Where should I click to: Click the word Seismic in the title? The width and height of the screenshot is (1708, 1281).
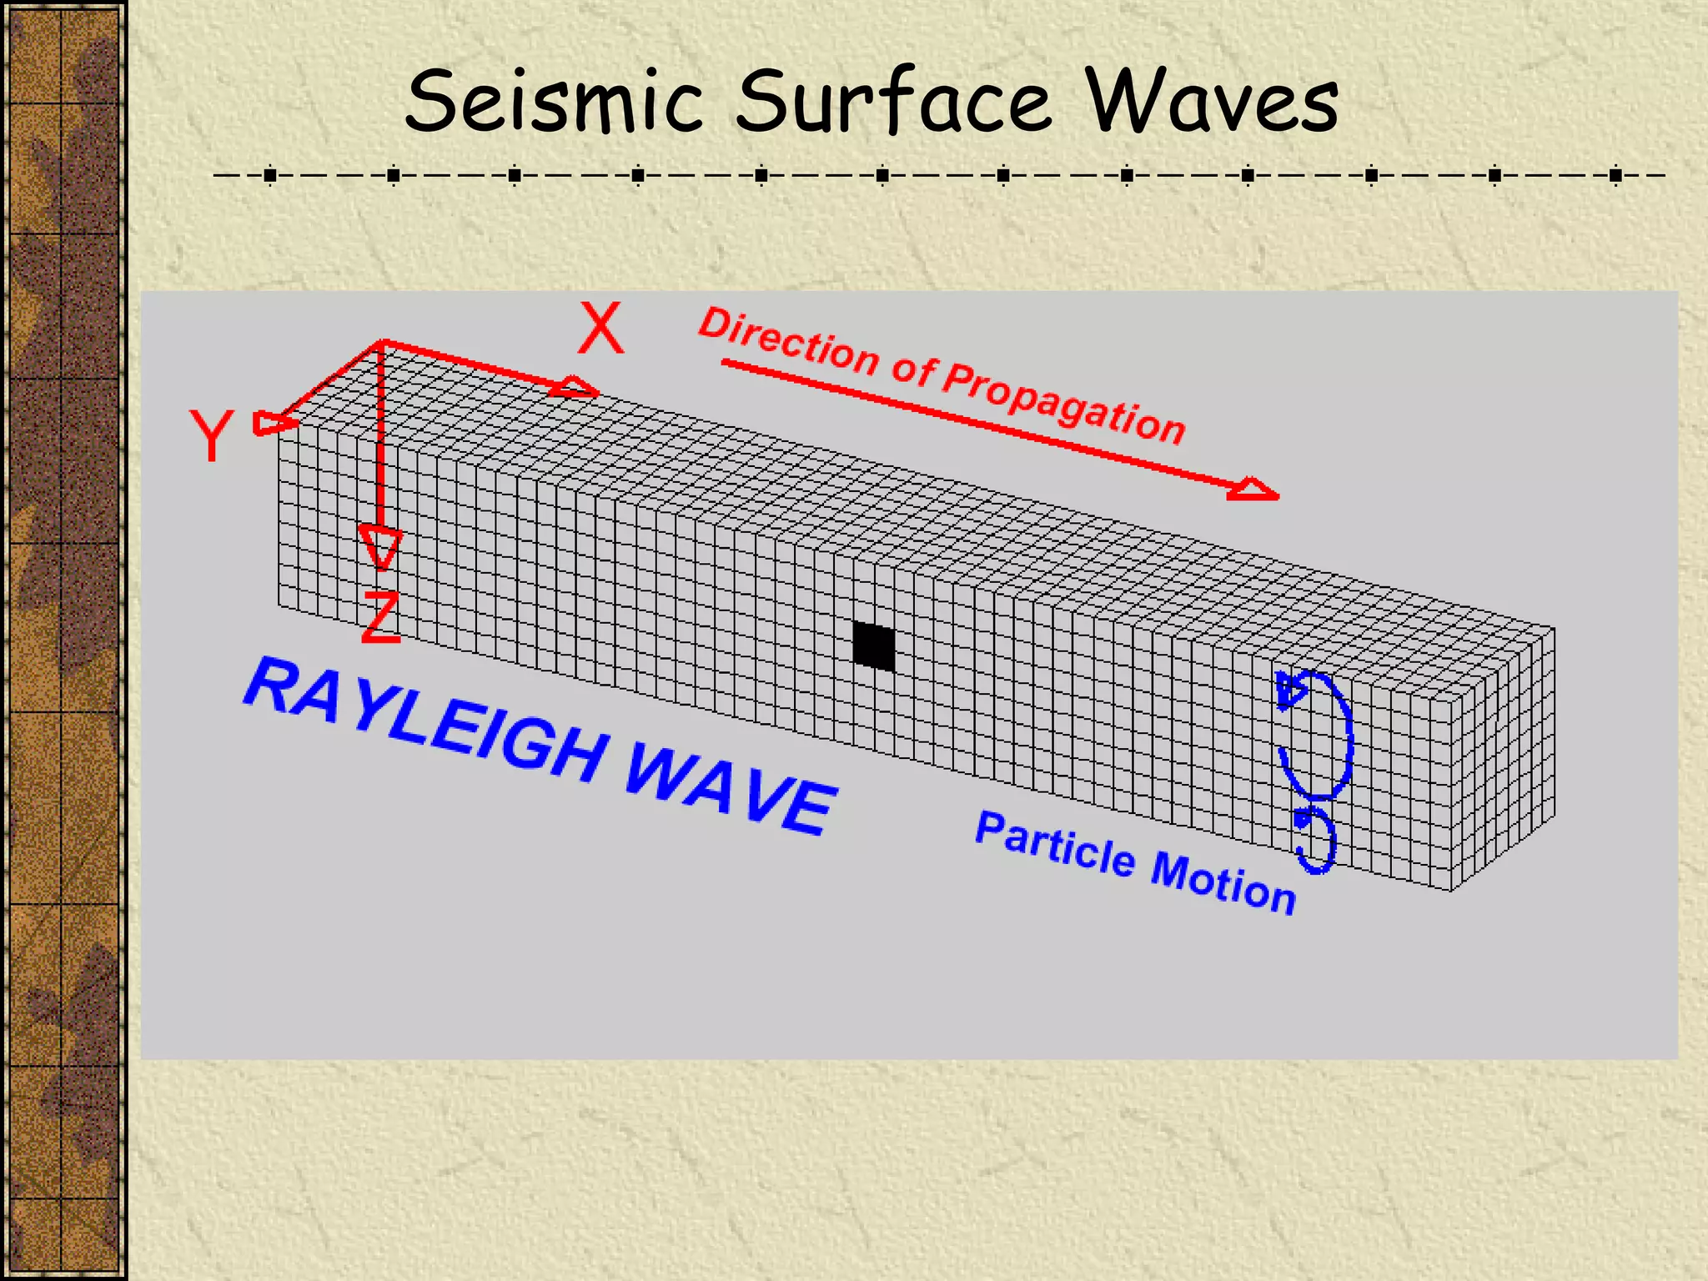(x=554, y=102)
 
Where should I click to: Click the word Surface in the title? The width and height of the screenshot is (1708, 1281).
(x=893, y=102)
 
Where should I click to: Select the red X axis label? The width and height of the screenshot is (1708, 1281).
(x=600, y=329)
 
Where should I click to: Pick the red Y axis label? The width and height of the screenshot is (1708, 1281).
(x=211, y=435)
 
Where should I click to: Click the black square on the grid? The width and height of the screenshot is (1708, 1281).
(x=873, y=646)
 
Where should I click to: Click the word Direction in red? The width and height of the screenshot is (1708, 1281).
(x=789, y=342)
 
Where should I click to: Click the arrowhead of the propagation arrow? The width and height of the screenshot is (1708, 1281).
(x=1253, y=490)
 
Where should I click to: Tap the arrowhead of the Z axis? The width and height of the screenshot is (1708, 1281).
(x=380, y=546)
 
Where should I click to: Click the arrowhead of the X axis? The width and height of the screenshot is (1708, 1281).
(x=577, y=388)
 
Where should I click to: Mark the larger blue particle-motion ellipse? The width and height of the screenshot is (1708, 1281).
(x=1315, y=734)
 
